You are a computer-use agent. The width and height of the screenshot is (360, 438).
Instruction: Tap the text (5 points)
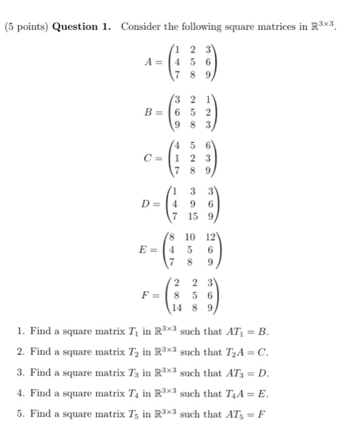(26, 27)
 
